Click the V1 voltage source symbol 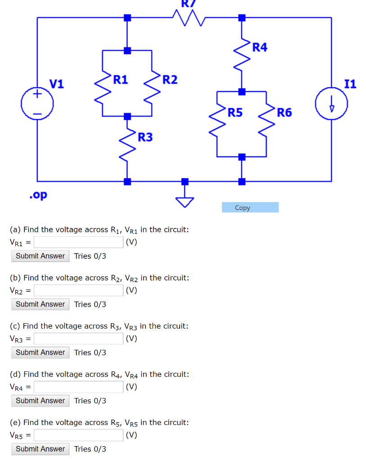tap(37, 103)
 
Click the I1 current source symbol tap(332, 103)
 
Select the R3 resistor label tap(145, 137)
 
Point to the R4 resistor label tap(260, 47)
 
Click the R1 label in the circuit tap(121, 80)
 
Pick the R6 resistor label tap(284, 112)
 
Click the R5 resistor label tap(235, 112)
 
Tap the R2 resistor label tap(170, 80)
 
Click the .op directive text tap(38, 195)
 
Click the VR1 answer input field tap(78, 242)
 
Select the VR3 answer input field tap(78, 339)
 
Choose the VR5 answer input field tap(78, 435)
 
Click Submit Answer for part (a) tap(41, 256)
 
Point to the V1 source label tap(57, 84)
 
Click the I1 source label tap(350, 84)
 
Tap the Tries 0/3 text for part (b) tap(90, 304)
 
